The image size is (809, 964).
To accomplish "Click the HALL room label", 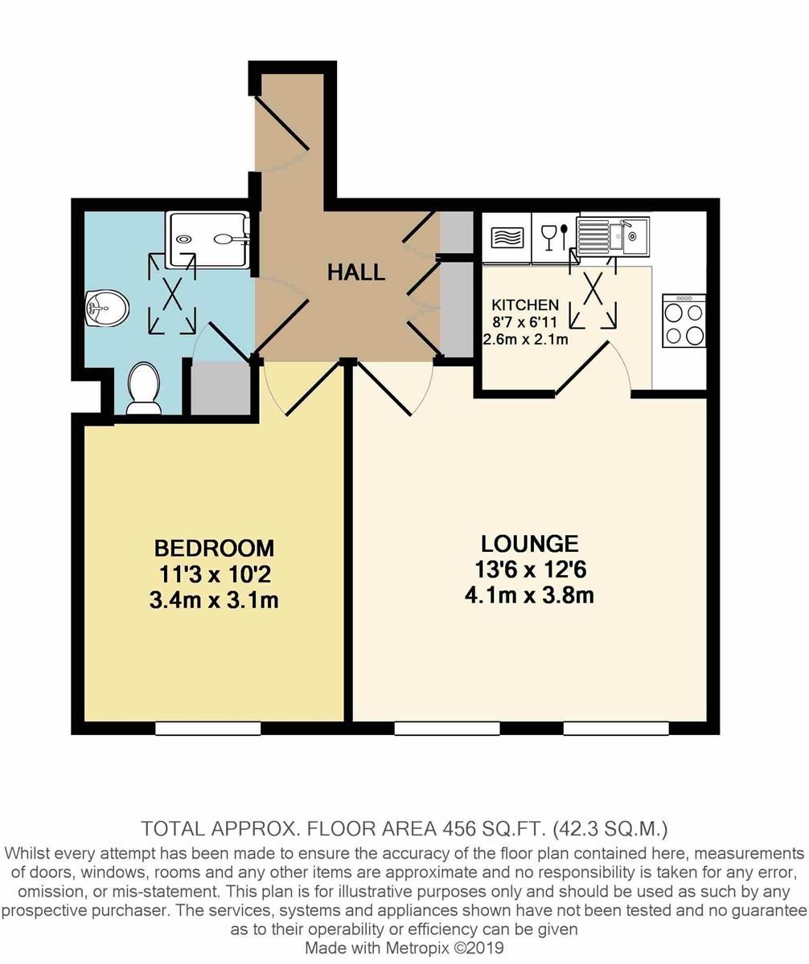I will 355,272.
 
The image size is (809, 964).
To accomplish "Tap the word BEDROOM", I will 214,548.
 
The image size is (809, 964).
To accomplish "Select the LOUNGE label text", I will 529,544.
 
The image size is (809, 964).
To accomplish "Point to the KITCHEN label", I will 524,305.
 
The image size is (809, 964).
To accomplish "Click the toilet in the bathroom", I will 145,389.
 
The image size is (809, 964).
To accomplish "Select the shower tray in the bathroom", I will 207,239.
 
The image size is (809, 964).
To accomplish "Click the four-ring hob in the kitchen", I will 684,321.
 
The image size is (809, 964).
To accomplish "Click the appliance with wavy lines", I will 507,238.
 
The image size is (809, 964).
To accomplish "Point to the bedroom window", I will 207,728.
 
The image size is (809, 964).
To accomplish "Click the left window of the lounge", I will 446,728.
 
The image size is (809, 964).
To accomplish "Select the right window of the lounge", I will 615,728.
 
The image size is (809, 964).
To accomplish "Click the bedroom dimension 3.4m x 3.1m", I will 214,599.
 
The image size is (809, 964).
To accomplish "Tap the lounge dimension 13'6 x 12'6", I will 529,570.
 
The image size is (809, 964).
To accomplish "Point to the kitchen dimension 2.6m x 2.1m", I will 525,339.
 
